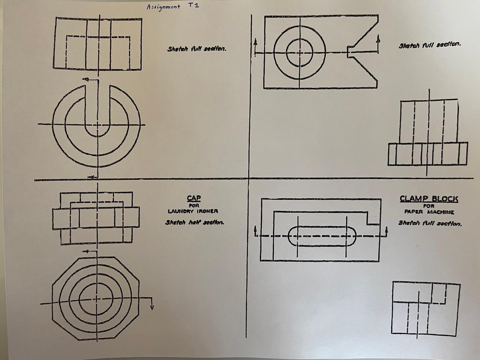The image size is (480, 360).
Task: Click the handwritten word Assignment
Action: pos(163,7)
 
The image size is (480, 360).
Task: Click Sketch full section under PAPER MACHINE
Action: pos(430,223)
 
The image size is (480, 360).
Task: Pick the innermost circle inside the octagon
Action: pos(96,298)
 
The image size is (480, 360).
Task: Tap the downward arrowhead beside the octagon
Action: pos(152,307)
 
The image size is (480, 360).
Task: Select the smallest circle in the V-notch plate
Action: pos(300,52)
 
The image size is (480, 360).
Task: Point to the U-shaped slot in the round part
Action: pos(98,112)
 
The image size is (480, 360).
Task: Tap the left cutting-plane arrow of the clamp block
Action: pos(255,229)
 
